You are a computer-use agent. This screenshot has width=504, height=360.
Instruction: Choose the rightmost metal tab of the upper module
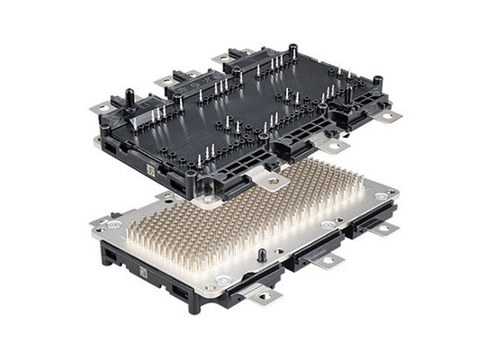click(x=389, y=115)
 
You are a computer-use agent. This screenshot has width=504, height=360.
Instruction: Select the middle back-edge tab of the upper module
click(x=168, y=81)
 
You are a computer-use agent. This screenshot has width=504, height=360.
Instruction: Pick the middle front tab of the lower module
click(x=328, y=261)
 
